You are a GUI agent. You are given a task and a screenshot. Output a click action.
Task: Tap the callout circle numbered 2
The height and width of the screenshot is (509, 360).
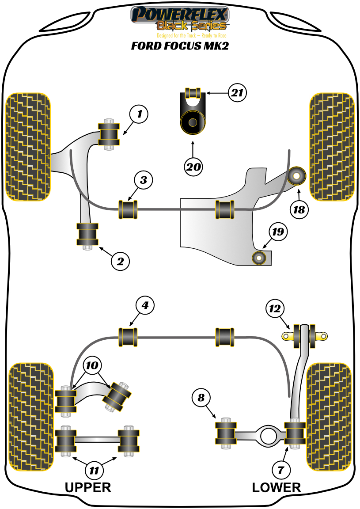click(x=120, y=261)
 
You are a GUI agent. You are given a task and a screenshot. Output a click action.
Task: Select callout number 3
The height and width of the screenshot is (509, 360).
click(x=144, y=180)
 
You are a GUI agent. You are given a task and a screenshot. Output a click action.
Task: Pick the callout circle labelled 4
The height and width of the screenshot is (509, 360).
click(x=145, y=305)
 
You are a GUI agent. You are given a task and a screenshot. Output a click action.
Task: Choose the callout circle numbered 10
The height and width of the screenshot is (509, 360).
click(x=92, y=365)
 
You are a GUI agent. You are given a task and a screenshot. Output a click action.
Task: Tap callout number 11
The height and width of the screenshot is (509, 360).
click(x=94, y=471)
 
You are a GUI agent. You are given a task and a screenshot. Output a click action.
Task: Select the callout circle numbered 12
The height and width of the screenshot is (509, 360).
click(x=275, y=308)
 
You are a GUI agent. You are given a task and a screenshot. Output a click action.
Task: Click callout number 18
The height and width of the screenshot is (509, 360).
click(x=299, y=209)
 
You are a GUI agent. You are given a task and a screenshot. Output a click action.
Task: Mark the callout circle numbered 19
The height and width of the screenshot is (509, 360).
click(x=279, y=231)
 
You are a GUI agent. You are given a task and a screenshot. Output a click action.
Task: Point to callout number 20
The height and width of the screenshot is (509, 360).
click(x=193, y=167)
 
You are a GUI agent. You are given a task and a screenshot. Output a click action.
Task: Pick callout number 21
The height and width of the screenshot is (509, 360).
click(x=237, y=93)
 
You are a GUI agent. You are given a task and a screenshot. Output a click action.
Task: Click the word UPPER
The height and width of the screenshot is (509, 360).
click(x=88, y=487)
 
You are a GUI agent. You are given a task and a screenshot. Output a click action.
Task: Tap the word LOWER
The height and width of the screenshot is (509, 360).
click(x=277, y=487)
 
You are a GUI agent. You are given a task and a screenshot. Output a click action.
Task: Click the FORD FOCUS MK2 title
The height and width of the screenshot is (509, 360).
click(x=180, y=46)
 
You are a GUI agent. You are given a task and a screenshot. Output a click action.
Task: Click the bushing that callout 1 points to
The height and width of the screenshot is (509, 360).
click(x=108, y=134)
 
